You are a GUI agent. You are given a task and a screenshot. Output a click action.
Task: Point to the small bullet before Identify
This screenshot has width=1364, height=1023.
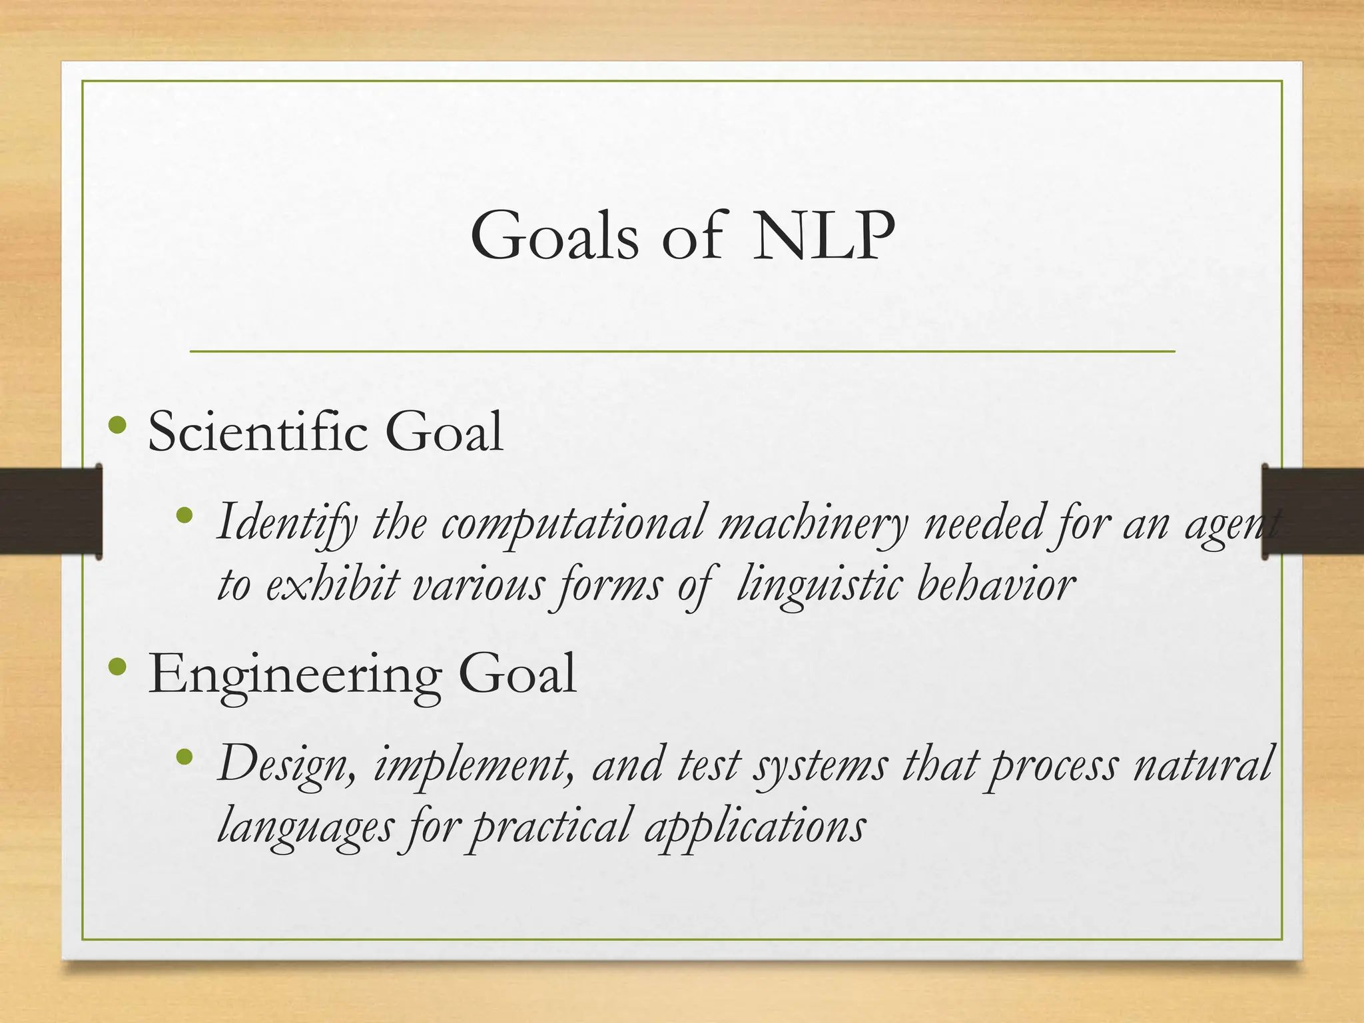184,515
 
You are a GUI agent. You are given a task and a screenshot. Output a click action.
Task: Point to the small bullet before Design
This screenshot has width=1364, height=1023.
184,757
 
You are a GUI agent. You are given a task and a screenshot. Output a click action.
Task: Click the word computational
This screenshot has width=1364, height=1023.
573,523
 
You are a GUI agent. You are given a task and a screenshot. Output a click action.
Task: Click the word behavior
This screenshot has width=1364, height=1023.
996,585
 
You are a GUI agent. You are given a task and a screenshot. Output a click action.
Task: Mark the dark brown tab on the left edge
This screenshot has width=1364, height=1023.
50,511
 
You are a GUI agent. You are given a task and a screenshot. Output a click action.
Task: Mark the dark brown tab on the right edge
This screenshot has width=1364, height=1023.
1312,511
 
